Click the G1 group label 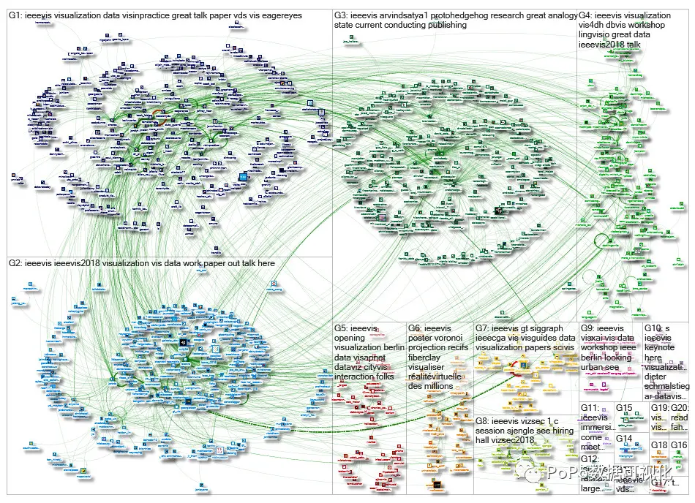pyautogui.click(x=15, y=15)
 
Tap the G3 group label pyautogui.click(x=342, y=15)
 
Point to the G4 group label pyautogui.click(x=587, y=15)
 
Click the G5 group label pyautogui.click(x=342, y=329)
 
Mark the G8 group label pyautogui.click(x=483, y=421)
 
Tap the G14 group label pyautogui.click(x=623, y=439)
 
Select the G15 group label pyautogui.click(x=623, y=408)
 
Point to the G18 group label pyautogui.click(x=659, y=445)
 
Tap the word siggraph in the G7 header pyautogui.click(x=550, y=329)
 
